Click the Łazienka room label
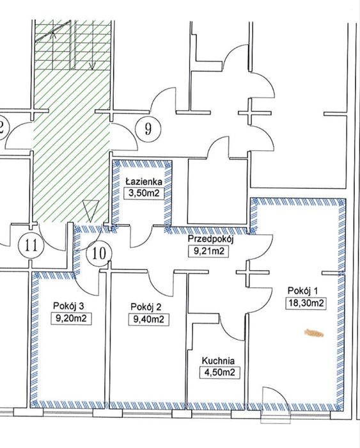(x=144, y=181)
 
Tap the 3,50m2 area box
(x=144, y=193)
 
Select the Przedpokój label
(x=211, y=239)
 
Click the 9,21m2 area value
(x=209, y=252)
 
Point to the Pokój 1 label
(x=302, y=291)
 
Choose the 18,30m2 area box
(x=306, y=303)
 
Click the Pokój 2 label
(x=146, y=307)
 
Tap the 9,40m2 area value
(x=149, y=319)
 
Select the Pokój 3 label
(x=68, y=307)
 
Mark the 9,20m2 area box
(x=71, y=318)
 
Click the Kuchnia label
(x=218, y=361)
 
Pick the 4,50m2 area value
(x=220, y=372)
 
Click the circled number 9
(x=148, y=129)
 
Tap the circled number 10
(x=99, y=253)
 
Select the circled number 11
(x=31, y=246)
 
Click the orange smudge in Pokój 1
(x=314, y=333)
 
